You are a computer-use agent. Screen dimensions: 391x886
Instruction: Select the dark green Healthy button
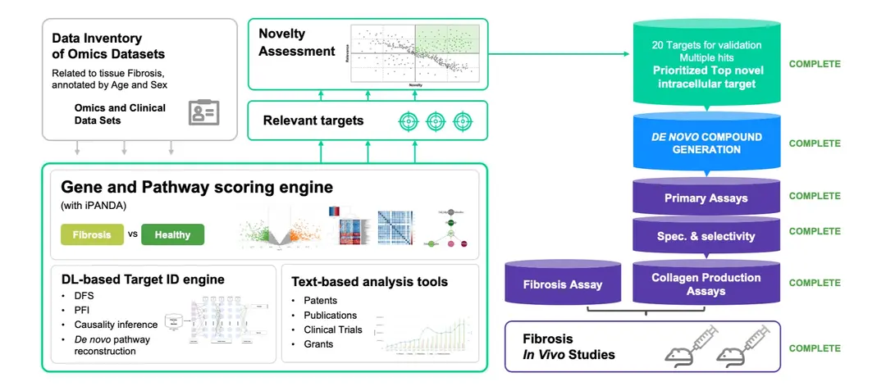tap(172, 234)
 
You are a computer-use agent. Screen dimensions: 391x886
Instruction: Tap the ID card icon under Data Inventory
tap(203, 112)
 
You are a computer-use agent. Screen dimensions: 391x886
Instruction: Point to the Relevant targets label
tap(313, 120)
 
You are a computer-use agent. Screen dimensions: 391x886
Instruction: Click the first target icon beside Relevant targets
tap(409, 121)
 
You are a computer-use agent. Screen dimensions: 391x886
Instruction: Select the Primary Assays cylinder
tap(706, 198)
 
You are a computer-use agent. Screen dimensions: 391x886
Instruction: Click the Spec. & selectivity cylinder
tap(706, 236)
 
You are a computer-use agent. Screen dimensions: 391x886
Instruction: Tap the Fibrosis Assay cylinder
tap(562, 284)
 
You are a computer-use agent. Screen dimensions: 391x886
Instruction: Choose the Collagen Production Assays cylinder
tap(706, 284)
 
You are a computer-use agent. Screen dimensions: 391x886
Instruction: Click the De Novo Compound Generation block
tap(706, 143)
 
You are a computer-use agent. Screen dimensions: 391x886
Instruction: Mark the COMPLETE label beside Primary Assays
tap(814, 196)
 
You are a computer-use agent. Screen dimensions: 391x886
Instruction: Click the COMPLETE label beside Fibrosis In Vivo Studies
tap(814, 348)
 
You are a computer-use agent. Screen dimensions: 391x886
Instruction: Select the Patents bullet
tap(319, 301)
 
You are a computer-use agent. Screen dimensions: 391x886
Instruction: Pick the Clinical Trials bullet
tap(332, 330)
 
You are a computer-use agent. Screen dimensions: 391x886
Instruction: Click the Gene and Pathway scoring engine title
tap(197, 188)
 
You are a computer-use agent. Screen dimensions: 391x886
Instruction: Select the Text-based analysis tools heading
tap(369, 281)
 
